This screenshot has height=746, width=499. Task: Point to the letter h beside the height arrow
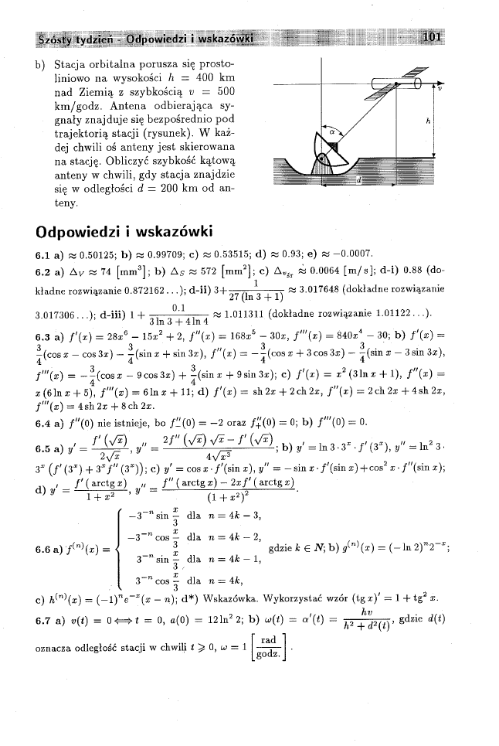427,121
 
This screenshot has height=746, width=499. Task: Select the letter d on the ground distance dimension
358,180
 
